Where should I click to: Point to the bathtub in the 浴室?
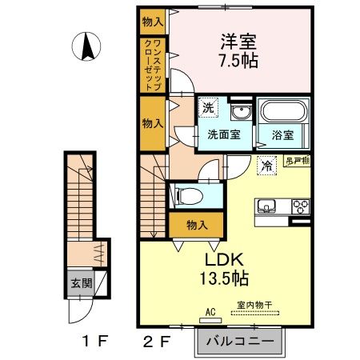click(282, 113)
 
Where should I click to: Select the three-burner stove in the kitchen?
click(300, 206)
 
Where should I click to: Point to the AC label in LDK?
click(211, 312)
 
